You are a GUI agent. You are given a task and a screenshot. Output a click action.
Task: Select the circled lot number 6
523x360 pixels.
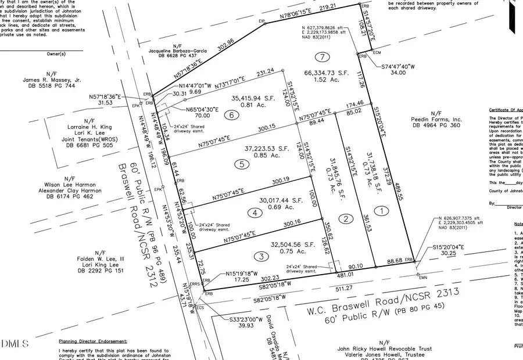231,115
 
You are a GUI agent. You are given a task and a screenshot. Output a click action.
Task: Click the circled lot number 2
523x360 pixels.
346,218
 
